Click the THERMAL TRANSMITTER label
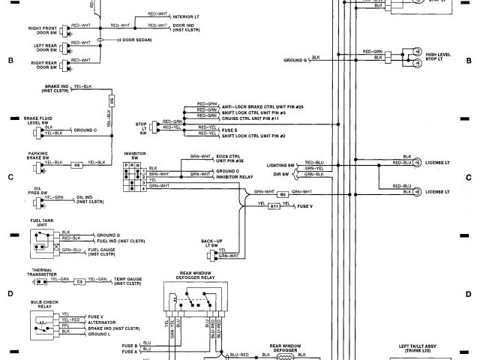[43, 271]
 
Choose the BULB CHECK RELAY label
[41, 304]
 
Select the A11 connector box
[274, 205]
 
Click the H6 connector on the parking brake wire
[76, 163]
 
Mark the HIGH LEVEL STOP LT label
[439, 56]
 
